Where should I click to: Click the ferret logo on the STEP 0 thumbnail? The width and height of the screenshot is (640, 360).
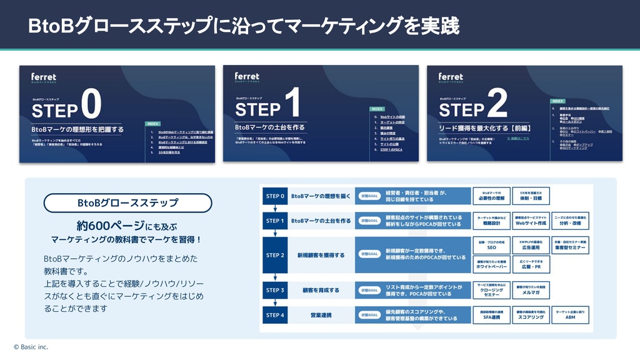click(x=44, y=77)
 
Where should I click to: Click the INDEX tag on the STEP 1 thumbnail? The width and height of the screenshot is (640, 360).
click(x=377, y=108)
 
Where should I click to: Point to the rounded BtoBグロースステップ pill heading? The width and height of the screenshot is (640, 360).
click(x=127, y=203)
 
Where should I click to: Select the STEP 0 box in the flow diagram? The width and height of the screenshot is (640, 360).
click(x=275, y=196)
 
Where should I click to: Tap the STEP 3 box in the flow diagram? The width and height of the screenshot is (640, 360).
click(x=275, y=290)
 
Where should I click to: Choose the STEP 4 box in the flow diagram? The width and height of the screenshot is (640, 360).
click(x=275, y=315)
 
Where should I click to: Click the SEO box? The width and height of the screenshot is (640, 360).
click(x=491, y=244)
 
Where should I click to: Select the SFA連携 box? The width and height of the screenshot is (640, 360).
click(x=491, y=315)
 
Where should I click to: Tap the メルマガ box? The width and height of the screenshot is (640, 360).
click(x=531, y=290)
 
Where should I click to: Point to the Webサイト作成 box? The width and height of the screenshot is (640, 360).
click(x=531, y=220)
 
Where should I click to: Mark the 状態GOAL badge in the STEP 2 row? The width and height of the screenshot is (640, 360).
click(x=369, y=254)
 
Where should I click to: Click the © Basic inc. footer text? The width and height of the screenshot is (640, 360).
click(x=31, y=347)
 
